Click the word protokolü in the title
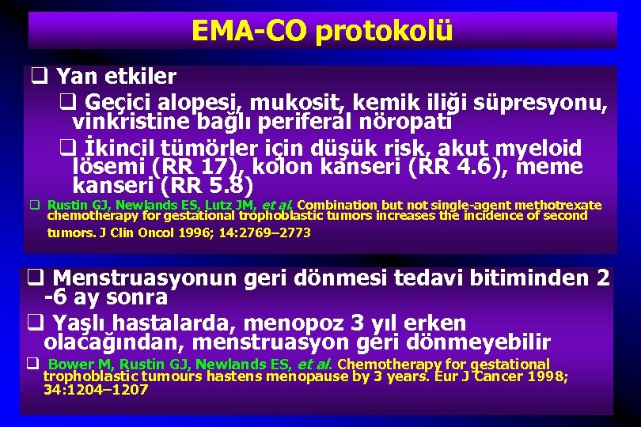[384, 32]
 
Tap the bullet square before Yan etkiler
[37, 77]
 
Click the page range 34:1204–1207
[95, 389]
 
